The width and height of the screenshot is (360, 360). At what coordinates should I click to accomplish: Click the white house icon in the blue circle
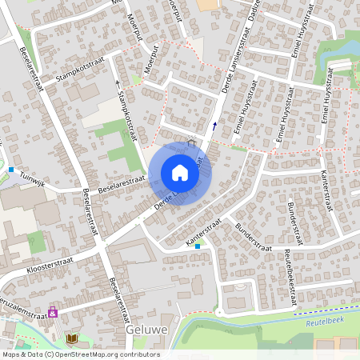pyautogui.click(x=180, y=173)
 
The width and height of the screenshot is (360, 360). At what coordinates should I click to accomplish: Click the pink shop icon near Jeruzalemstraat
pyautogui.click(x=53, y=313)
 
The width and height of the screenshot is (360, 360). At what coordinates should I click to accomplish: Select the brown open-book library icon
pyautogui.click(x=72, y=339)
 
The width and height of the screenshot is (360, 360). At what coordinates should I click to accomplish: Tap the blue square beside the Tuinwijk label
pyautogui.click(x=11, y=170)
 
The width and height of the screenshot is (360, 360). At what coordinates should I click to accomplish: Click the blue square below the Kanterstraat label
pyautogui.click(x=198, y=246)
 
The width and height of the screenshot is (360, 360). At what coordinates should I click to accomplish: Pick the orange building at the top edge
pyautogui.click(x=207, y=5)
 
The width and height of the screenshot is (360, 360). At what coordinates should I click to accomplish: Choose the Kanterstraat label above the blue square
pyautogui.click(x=202, y=229)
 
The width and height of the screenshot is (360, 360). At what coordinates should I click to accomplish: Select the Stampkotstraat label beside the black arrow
pyautogui.click(x=128, y=111)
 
